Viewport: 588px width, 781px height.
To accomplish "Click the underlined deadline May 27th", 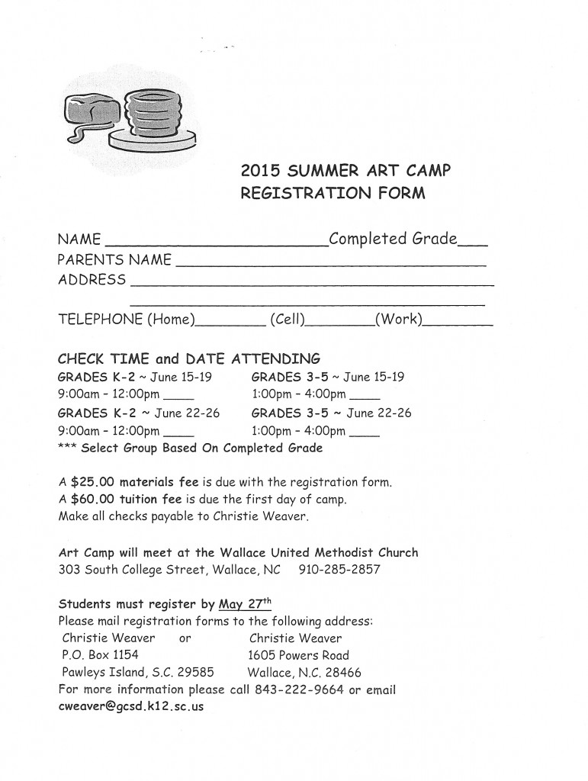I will tap(245, 604).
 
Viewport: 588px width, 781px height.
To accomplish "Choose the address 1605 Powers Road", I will tap(298, 655).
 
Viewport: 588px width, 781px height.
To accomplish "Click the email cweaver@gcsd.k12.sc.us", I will tap(130, 706).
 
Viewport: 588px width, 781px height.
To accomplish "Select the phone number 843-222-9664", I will tap(303, 690).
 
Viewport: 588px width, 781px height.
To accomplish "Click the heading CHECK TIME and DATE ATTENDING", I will tap(189, 358).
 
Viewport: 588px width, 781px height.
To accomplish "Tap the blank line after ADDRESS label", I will tap(313, 284).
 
